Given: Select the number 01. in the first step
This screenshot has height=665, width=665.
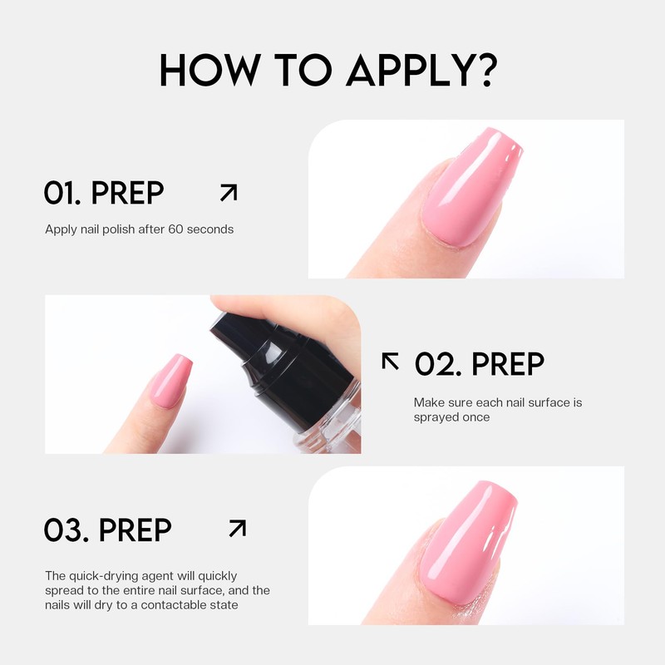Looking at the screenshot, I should (63, 193).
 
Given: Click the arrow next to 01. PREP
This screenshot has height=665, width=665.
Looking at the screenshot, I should (228, 193).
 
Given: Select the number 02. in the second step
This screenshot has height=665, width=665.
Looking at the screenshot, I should (437, 363).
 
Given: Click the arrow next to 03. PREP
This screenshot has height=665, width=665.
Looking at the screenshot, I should (237, 529).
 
